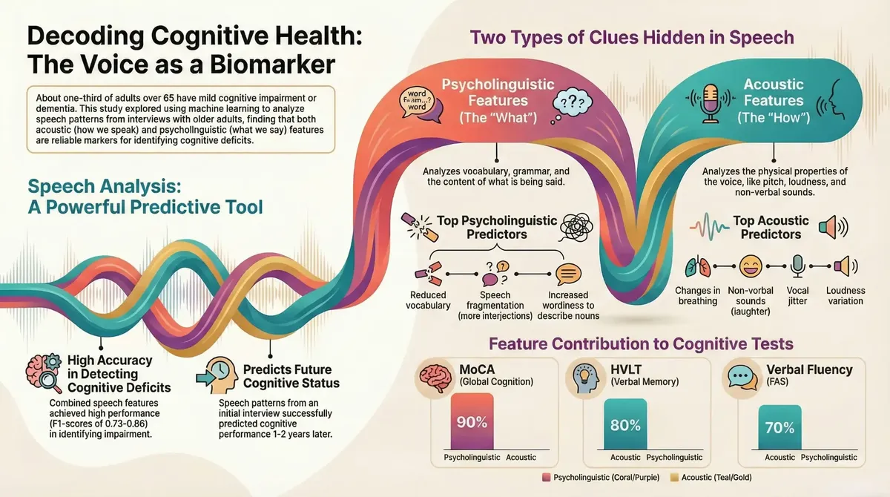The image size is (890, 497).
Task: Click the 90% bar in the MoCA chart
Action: [x=472, y=421]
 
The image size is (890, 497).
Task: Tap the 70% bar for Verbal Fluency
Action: [x=779, y=427]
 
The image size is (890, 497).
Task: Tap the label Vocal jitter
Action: [x=797, y=296]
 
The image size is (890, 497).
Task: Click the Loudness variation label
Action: [x=845, y=296]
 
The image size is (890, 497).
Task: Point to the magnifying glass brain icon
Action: [x=43, y=373]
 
